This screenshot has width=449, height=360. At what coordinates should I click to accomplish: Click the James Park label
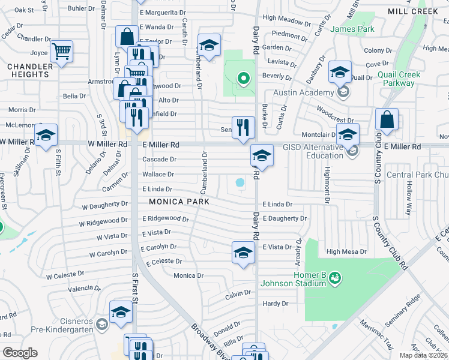(352, 29)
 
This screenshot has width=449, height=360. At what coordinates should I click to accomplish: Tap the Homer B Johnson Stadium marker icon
(334, 277)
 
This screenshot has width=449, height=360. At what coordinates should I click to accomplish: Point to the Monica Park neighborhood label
(179, 202)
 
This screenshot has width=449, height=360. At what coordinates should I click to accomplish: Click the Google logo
(20, 353)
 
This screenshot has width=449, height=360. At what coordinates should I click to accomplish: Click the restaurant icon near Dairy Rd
(243, 126)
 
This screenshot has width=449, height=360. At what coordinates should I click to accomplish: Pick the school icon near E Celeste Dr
(243, 252)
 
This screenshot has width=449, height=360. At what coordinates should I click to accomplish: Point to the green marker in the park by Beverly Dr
(243, 77)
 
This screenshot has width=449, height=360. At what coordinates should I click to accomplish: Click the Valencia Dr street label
(83, 289)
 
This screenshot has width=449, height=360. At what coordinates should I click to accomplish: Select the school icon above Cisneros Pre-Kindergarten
(121, 311)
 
